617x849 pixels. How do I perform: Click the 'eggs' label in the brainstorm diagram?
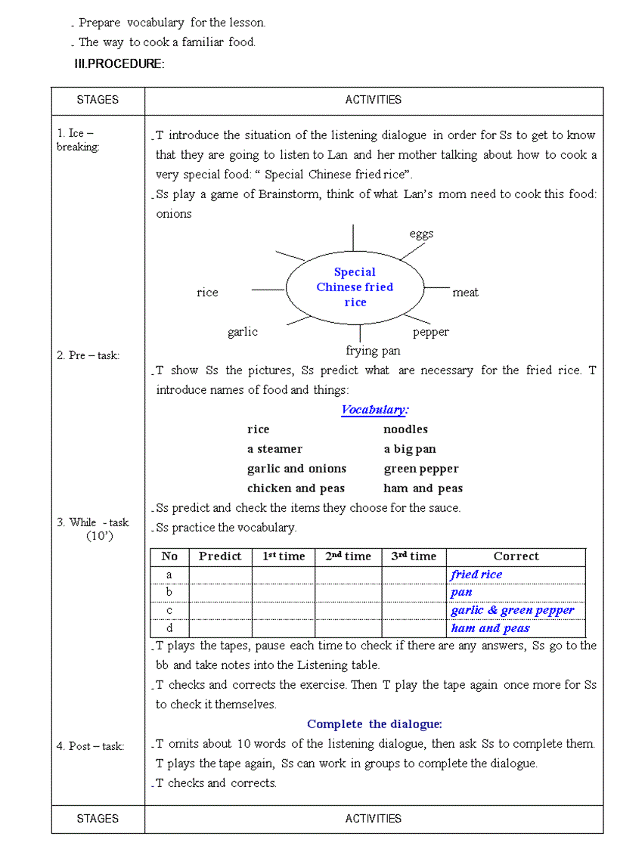click(421, 234)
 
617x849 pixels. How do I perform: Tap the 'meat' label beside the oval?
click(465, 293)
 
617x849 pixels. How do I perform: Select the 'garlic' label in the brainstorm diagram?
click(242, 332)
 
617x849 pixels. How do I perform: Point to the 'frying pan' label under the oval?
click(373, 351)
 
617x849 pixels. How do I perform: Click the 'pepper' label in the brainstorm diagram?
click(430, 332)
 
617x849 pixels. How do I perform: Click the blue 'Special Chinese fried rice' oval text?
click(355, 287)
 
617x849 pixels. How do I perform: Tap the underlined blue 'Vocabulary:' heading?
click(374, 410)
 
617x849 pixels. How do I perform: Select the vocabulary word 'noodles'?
click(405, 429)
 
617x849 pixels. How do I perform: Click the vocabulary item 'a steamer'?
click(274, 449)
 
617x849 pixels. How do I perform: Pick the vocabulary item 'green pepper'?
click(420, 469)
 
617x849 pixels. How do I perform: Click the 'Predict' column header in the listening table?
click(220, 556)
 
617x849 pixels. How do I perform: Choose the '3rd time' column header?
click(414, 556)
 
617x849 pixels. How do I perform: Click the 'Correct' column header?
click(516, 556)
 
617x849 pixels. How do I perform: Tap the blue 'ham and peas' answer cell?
click(490, 628)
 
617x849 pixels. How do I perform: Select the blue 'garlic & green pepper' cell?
click(512, 610)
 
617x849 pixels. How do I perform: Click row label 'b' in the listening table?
click(169, 592)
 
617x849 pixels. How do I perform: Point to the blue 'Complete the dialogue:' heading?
click(374, 724)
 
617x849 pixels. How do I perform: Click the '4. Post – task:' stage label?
click(90, 746)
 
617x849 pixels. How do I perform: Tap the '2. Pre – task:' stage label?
click(88, 355)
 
